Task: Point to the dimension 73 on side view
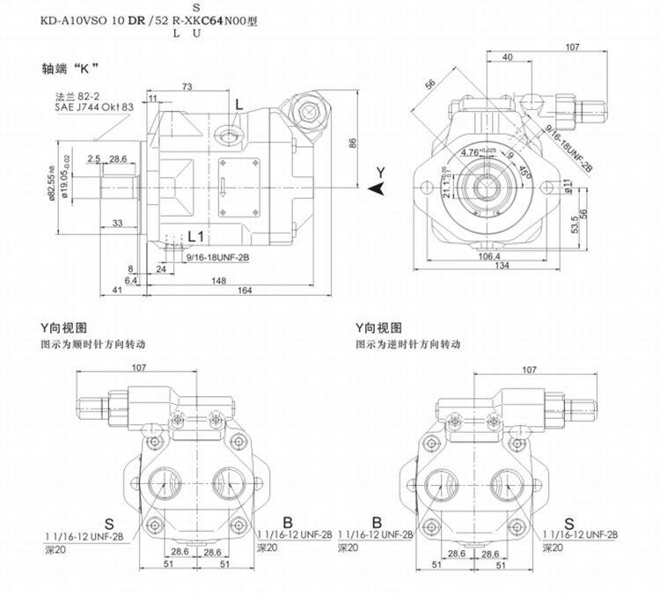[x=187, y=86]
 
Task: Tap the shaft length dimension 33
[x=117, y=224]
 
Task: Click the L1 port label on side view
[x=196, y=237]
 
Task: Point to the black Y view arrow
[x=377, y=188]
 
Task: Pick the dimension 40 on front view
[x=508, y=58]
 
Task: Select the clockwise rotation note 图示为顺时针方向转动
[x=86, y=343]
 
